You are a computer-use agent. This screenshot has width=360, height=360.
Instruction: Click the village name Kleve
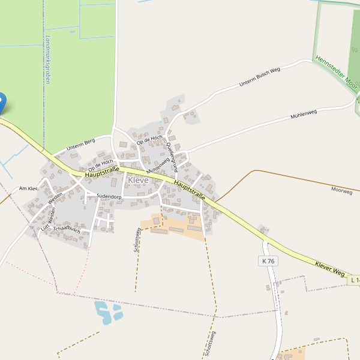pos(138,180)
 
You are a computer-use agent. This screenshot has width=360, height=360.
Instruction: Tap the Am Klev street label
pos(28,188)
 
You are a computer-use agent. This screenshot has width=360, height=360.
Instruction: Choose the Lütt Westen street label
pos(47,219)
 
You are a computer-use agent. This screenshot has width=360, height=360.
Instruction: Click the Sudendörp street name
pos(109,197)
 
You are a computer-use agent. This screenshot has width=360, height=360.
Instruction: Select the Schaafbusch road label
pos(67,229)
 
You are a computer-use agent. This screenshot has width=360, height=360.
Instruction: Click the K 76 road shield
pos(268,261)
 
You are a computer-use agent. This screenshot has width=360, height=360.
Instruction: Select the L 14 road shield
pos(353,280)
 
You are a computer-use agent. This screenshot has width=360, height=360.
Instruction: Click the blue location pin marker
pos(1,102)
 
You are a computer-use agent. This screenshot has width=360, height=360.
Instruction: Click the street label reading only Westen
pos(55,198)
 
